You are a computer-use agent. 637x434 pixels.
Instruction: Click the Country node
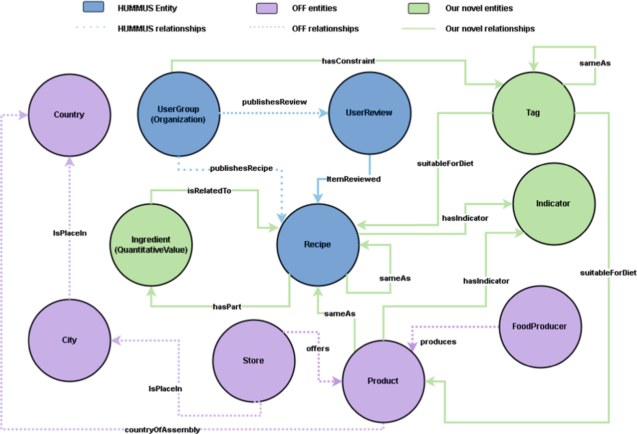coord(69,115)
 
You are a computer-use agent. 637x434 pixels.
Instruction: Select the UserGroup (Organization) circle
coord(179,114)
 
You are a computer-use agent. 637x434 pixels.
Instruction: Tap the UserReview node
coord(369,113)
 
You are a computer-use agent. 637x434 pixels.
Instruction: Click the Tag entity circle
coord(533,113)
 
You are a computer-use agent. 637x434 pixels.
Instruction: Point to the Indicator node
coord(553,204)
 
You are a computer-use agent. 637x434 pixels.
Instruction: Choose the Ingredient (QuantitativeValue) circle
coord(151,245)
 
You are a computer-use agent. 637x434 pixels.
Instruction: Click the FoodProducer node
coord(540,326)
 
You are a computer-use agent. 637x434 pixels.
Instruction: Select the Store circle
coord(254,361)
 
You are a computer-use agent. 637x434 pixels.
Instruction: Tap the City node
coord(69,340)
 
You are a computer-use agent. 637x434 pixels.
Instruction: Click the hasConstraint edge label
coord(348,61)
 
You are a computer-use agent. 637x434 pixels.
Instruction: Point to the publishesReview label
coord(274,102)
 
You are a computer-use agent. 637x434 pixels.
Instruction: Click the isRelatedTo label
coord(209,191)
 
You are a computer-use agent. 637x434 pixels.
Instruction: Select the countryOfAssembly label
coord(162,430)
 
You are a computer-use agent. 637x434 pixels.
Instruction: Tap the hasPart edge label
coord(227,307)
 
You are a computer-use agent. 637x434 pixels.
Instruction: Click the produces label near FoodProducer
coord(438,342)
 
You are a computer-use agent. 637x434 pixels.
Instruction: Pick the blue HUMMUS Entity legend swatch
coord(93,7)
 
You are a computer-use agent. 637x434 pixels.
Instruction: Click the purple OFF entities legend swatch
coord(267,8)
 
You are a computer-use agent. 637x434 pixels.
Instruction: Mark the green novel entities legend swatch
coord(418,8)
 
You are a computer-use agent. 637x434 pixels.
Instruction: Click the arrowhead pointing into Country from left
coord(23,115)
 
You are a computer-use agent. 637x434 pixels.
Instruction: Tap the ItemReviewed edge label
coord(354,179)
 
